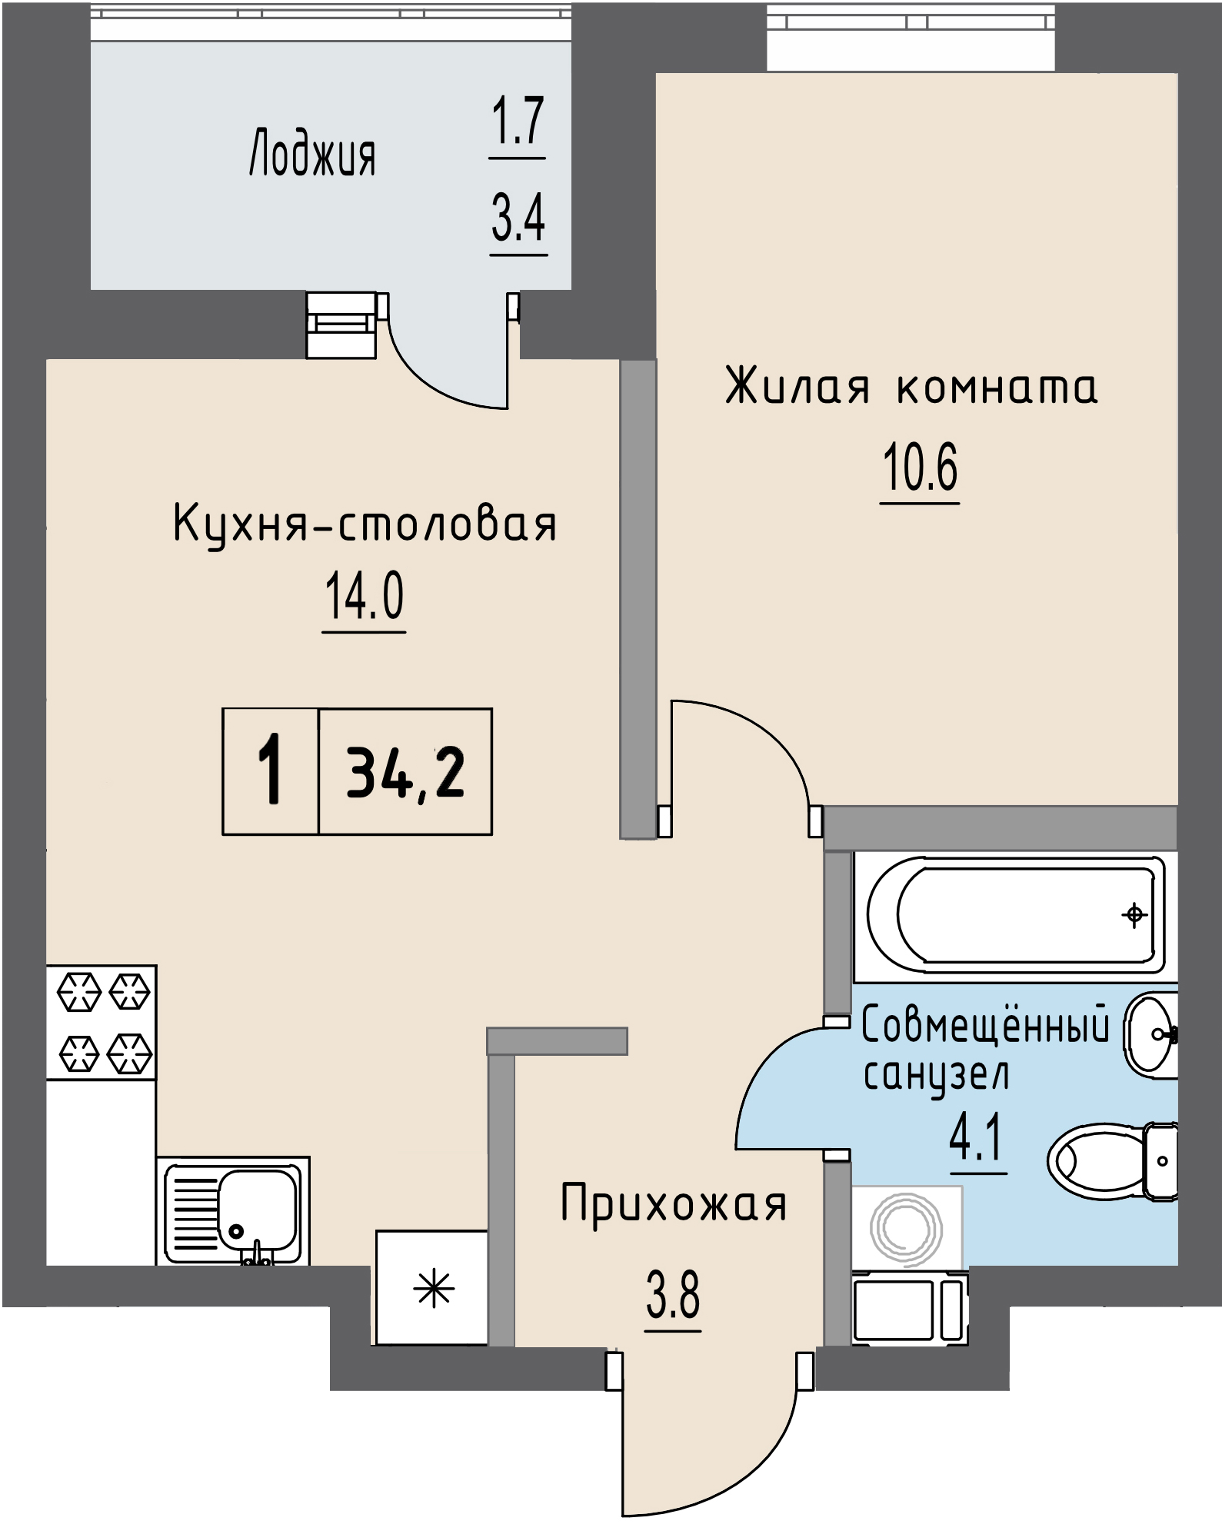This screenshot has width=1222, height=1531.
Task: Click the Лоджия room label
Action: (x=312, y=155)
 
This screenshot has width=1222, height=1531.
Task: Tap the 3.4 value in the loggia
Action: (x=518, y=218)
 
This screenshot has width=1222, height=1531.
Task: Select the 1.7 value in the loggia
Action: (x=518, y=121)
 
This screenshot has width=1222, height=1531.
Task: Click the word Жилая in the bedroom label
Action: (x=797, y=386)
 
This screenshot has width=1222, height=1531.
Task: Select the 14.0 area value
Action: (x=364, y=597)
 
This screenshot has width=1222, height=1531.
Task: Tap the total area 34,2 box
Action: (x=405, y=772)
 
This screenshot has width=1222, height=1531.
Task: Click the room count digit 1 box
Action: (x=271, y=771)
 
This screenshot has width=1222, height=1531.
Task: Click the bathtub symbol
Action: (x=1015, y=915)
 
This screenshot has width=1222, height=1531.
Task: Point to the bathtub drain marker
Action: (x=1134, y=915)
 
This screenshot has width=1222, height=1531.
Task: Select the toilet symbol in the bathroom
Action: (x=1111, y=1162)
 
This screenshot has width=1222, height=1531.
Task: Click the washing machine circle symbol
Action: (x=906, y=1229)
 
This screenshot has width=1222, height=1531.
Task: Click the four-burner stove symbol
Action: (x=102, y=1022)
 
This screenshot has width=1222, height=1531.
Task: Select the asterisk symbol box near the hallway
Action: (x=433, y=1288)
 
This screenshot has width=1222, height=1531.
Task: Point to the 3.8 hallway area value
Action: (x=673, y=1295)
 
